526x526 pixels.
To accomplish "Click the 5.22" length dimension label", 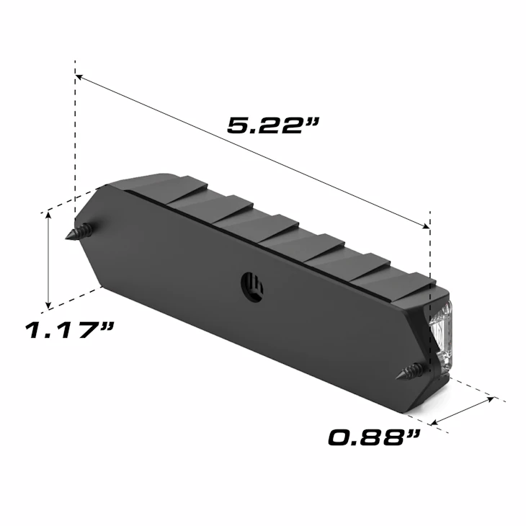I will pos(273,125).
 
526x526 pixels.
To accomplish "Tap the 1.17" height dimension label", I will pos(70,331).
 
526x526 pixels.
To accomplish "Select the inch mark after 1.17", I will pos(107,329).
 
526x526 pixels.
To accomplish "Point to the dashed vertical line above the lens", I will pos(430,245).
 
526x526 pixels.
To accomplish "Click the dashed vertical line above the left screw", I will pos(75,144).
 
